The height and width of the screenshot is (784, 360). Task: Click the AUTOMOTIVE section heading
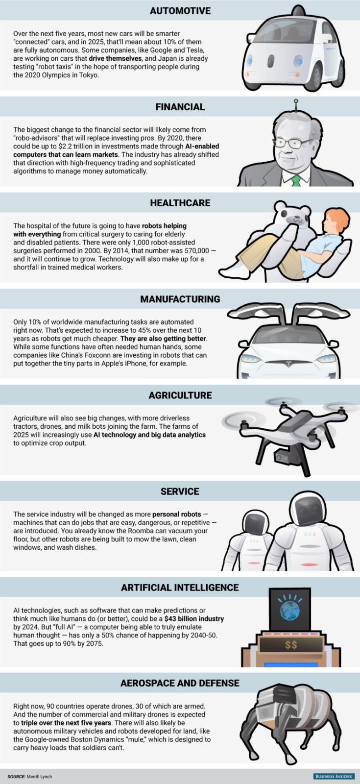(180, 10)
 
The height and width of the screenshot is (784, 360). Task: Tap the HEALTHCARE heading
(180, 203)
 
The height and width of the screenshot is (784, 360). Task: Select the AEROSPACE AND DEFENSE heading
(180, 683)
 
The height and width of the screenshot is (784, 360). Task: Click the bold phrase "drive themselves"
(115, 58)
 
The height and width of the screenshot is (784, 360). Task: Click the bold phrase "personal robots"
(176, 514)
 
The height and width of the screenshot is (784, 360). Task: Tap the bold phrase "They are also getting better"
(163, 339)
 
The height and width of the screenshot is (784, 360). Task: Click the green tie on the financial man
(296, 180)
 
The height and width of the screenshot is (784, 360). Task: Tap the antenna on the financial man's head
(295, 104)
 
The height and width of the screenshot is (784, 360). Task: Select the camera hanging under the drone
(282, 458)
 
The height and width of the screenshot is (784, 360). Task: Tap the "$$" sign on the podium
(291, 644)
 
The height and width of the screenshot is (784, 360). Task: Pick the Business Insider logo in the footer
(334, 776)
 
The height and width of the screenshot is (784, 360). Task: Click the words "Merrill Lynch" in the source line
(40, 777)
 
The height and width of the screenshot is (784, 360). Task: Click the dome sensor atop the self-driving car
(298, 11)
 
